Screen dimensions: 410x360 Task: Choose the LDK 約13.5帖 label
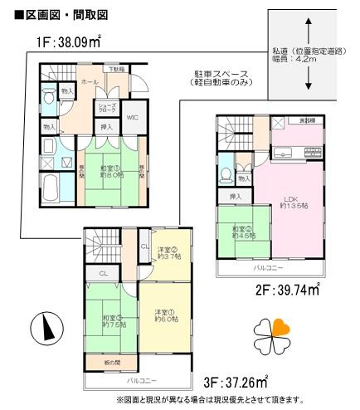pos(292,203)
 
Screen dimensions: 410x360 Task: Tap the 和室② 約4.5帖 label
pos(243,232)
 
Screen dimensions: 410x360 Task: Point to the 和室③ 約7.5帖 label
pos(113,321)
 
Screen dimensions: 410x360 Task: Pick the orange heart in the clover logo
pos(281,327)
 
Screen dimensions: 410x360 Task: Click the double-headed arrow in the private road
pos(308,56)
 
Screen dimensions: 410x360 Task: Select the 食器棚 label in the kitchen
pos(306,121)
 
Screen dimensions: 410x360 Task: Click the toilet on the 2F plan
pos(228,174)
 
